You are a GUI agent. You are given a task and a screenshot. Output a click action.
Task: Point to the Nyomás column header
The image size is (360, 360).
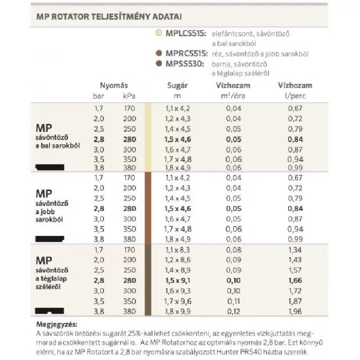tap(114, 85)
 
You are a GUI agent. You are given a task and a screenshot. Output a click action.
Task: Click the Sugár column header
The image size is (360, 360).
tap(177, 85)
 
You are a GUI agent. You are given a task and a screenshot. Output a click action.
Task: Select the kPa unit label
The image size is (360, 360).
tap(129, 95)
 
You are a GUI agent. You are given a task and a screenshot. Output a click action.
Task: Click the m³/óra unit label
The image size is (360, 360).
tap(230, 95)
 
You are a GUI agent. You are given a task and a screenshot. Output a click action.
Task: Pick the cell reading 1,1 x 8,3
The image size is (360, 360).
tap(178, 249)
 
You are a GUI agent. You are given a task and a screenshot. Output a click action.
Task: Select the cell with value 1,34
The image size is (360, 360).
tap(295, 249)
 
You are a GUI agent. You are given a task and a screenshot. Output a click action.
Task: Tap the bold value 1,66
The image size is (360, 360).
tap(295, 280)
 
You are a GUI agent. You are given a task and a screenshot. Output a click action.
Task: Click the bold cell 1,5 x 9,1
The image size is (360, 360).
tap(178, 280)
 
